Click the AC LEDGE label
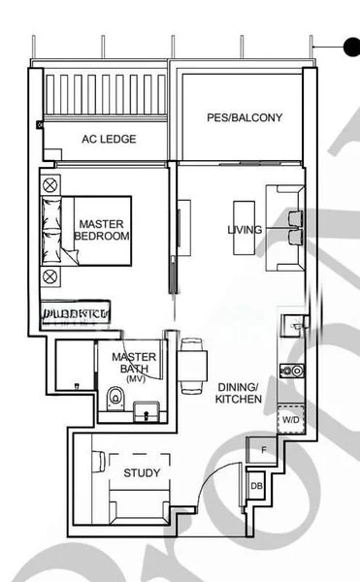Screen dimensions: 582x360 coord(108,139)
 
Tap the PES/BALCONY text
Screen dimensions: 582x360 coord(245,117)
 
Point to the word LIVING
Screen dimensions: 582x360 coord(243,230)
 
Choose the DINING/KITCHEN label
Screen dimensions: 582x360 coord(237,391)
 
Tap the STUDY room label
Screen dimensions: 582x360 coord(142,473)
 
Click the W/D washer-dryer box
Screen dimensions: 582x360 coord(290,419)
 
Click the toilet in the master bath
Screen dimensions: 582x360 coord(115,397)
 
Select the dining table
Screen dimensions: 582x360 coord(191,360)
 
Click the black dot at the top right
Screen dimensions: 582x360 coord(350,44)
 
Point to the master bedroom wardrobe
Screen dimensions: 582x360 coord(76,311)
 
